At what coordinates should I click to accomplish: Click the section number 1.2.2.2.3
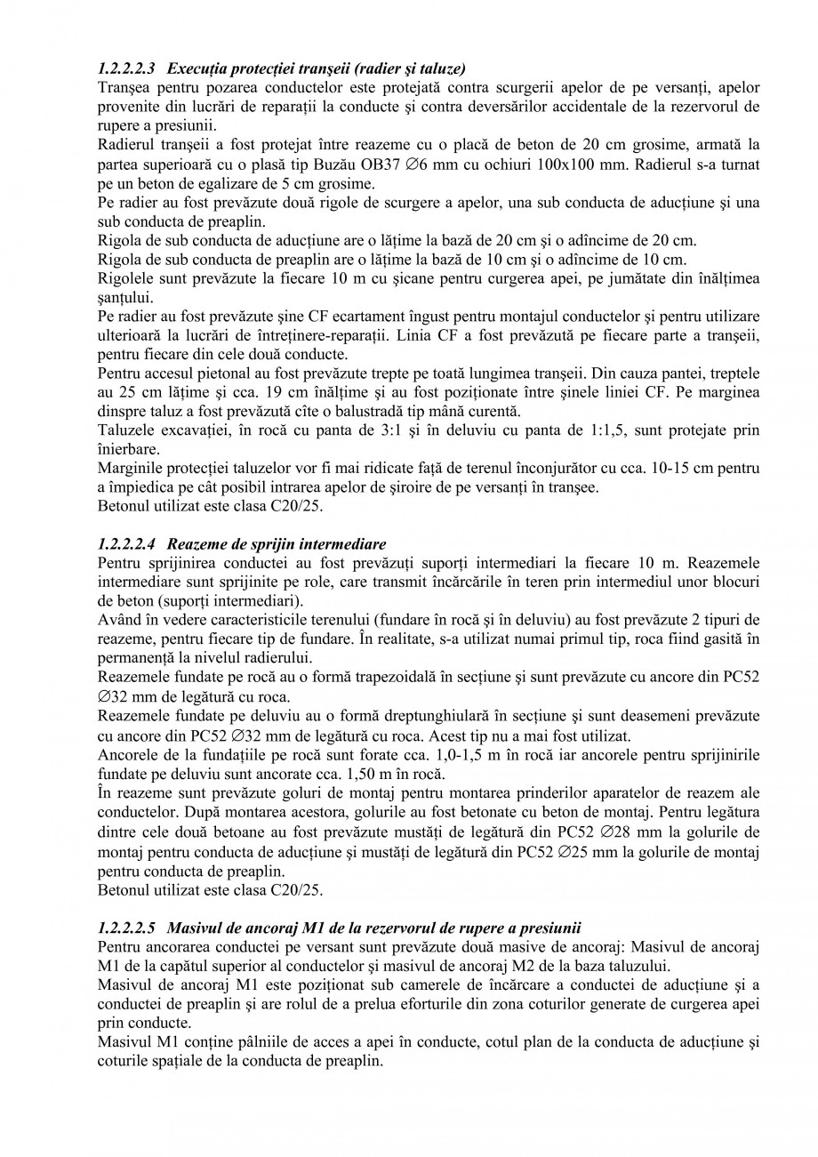tap(127, 68)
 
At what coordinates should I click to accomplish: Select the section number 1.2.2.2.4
tap(127, 543)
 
